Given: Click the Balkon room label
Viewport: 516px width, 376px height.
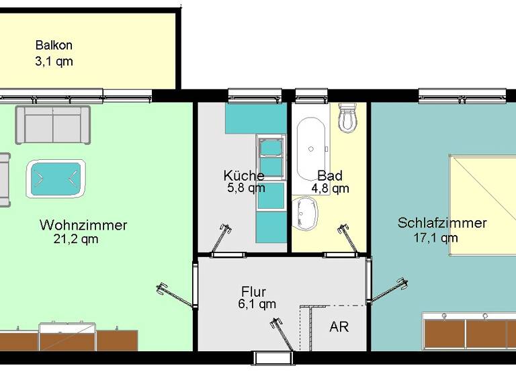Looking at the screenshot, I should [54, 46].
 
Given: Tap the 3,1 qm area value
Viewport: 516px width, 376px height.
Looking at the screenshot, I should [54, 61].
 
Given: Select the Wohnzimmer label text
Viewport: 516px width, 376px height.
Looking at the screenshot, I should [83, 224].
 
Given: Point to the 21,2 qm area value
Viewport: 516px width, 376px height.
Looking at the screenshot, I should [75, 239].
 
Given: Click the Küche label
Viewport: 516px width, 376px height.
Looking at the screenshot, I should [243, 175].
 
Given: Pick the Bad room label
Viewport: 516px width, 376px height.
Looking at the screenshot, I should [330, 176].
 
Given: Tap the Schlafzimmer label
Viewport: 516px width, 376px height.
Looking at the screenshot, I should [441, 223].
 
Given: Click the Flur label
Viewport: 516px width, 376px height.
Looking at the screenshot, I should [253, 291].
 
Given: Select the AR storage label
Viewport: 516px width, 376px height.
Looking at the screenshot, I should [339, 328].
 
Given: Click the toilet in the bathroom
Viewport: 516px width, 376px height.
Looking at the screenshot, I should [348, 118].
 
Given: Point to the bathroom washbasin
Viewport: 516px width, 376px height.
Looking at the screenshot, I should [306, 214].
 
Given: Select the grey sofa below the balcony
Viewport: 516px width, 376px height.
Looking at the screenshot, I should [53, 124].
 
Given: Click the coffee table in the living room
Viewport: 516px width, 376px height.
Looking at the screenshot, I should [55, 178].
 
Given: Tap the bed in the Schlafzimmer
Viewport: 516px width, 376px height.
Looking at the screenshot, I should [482, 205].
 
